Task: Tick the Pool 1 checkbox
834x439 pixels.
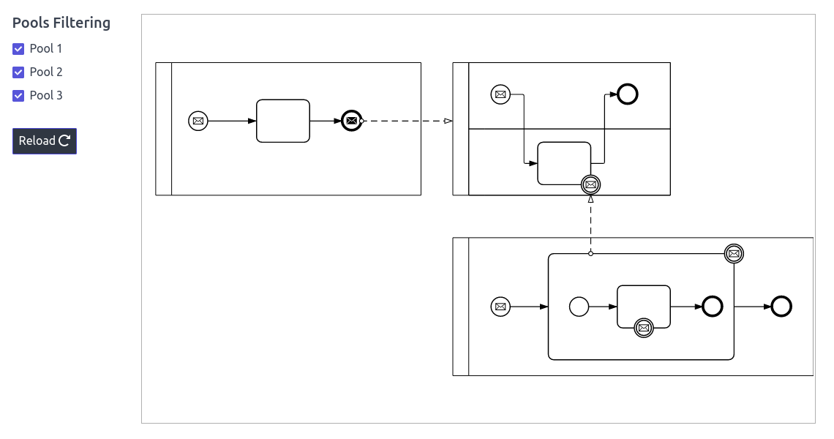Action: [x=18, y=49]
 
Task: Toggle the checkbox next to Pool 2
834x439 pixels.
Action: [x=18, y=72]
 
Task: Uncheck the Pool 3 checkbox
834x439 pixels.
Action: [x=18, y=96]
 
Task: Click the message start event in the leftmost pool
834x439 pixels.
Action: [x=198, y=121]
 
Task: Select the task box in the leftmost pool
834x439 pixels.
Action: [x=283, y=121]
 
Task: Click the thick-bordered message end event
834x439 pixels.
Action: [x=351, y=121]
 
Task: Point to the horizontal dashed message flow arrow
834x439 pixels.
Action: [x=406, y=121]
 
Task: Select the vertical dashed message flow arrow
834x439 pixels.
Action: [x=590, y=223]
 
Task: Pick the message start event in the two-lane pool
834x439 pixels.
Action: [x=500, y=94]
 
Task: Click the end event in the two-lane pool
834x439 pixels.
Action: [x=628, y=94]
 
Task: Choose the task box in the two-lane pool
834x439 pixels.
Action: [x=564, y=162]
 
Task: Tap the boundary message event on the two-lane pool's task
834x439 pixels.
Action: [x=590, y=185]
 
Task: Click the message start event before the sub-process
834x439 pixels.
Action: [x=500, y=307]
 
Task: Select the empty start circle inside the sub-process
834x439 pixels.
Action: [x=579, y=307]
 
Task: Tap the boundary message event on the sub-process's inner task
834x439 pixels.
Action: [x=644, y=328]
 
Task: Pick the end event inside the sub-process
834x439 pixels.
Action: [x=713, y=307]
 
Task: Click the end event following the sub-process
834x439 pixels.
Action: [x=781, y=307]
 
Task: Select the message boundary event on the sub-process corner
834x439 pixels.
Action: [x=734, y=254]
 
